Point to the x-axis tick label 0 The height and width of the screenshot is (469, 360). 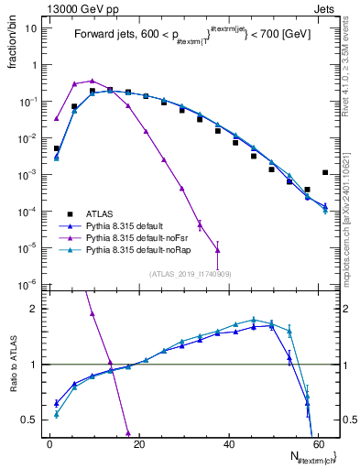point(49,443)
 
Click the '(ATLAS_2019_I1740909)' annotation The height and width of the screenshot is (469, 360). point(190,274)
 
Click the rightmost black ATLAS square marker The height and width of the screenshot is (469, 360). point(325,172)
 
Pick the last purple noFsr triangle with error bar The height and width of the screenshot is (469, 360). point(217,249)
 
